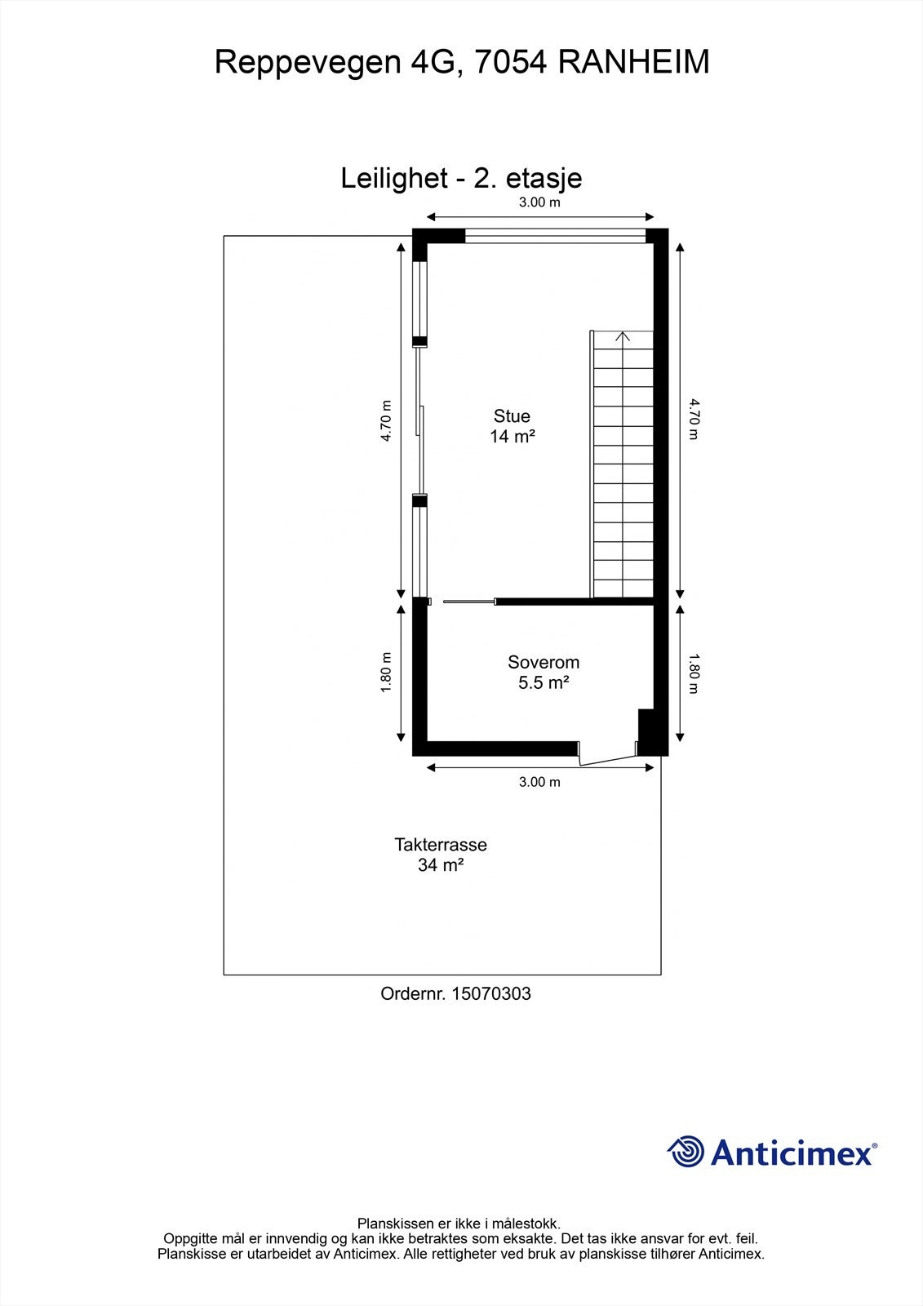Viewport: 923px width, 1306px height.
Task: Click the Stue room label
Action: [x=512, y=416]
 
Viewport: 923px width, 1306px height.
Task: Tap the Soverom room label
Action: [x=543, y=662]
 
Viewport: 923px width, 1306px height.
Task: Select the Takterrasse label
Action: [x=441, y=845]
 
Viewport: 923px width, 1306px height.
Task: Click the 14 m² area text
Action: [x=512, y=437]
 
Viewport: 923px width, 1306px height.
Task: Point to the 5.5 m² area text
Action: [x=543, y=683]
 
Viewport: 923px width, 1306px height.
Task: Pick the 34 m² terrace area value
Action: [x=441, y=865]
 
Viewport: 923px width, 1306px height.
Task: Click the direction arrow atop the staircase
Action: [x=623, y=335]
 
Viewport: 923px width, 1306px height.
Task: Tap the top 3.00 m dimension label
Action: [x=539, y=202]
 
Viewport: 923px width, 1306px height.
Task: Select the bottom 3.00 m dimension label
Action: [x=539, y=782]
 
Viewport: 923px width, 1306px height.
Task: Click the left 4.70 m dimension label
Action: [x=386, y=420]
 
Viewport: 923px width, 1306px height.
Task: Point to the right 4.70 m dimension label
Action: [x=693, y=419]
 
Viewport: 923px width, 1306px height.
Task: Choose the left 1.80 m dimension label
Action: [x=386, y=672]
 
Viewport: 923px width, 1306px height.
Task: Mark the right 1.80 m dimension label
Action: [x=693, y=673]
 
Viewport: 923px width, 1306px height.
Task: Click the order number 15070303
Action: [x=490, y=993]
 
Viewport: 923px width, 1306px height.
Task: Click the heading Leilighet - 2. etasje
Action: [x=461, y=178]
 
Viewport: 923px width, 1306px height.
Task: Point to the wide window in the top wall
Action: [x=555, y=237]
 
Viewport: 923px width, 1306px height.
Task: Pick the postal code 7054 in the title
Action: [x=511, y=63]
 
